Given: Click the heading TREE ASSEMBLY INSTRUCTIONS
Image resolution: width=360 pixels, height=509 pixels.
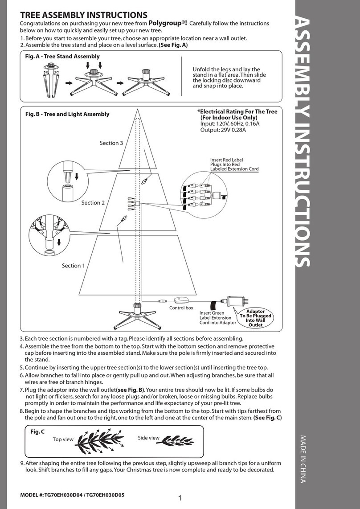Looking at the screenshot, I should click(x=84, y=16).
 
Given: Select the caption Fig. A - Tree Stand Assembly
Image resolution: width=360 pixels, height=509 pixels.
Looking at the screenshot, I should click(x=62, y=57).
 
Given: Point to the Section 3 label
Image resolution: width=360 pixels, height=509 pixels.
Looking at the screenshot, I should click(x=111, y=143).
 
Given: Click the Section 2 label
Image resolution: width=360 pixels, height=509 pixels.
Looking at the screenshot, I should click(x=93, y=203).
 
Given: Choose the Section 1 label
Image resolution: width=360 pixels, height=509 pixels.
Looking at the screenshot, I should click(x=74, y=266).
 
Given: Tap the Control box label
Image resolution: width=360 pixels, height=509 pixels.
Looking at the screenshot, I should click(x=181, y=308).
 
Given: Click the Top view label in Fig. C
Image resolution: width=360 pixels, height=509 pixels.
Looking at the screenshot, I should click(x=63, y=439).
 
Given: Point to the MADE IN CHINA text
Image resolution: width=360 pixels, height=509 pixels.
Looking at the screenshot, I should click(x=303, y=459).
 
